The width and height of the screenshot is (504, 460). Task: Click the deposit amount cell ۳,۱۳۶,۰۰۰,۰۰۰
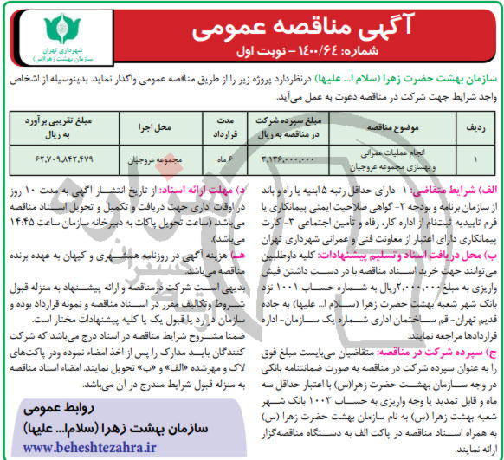click(283, 159)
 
